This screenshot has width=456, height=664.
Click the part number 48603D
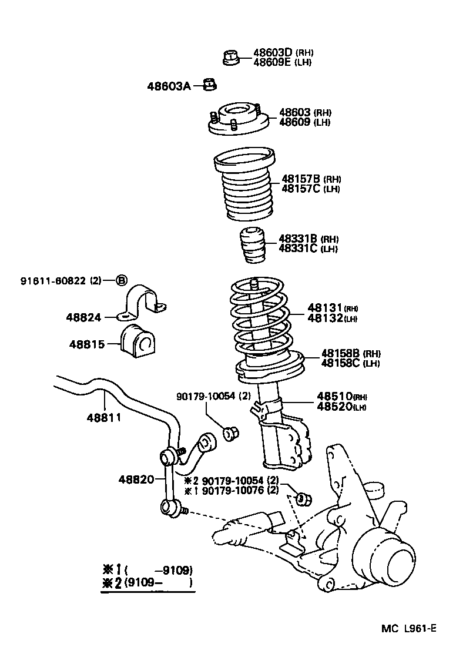272,52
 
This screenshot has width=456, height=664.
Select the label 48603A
169,86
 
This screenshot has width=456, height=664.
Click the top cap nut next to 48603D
231,58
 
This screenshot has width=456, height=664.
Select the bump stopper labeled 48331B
252,245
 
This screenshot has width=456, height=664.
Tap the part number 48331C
297,249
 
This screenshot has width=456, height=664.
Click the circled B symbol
121,280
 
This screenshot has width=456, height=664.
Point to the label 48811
103,418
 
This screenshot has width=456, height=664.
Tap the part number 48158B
340,353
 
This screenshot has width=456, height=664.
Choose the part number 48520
334,406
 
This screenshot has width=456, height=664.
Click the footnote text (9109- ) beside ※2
159,583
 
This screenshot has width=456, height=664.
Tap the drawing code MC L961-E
409,628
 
